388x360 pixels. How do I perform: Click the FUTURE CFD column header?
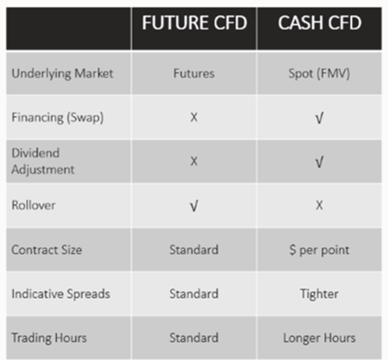pyautogui.click(x=194, y=25)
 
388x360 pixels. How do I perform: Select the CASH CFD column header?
pyautogui.click(x=321, y=25)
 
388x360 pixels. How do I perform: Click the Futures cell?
pyautogui.click(x=194, y=74)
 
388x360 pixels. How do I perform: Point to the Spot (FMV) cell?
pyautogui.click(x=321, y=74)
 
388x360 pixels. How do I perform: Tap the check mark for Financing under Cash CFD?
pyautogui.click(x=321, y=117)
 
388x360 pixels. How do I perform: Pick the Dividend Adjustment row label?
pyautogui.click(x=43, y=161)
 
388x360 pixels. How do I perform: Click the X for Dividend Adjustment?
pyautogui.click(x=194, y=161)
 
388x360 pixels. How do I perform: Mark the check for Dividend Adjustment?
pyautogui.click(x=321, y=162)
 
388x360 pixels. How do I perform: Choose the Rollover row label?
pyautogui.click(x=34, y=205)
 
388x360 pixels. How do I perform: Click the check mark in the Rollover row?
pyautogui.click(x=194, y=206)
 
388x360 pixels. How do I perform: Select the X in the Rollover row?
pyautogui.click(x=321, y=205)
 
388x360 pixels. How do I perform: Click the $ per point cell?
pyautogui.click(x=321, y=250)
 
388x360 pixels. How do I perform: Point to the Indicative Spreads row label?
pyautogui.click(x=60, y=294)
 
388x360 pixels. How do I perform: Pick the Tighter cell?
pyautogui.click(x=321, y=294)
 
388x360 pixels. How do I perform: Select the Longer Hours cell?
pyautogui.click(x=321, y=338)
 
